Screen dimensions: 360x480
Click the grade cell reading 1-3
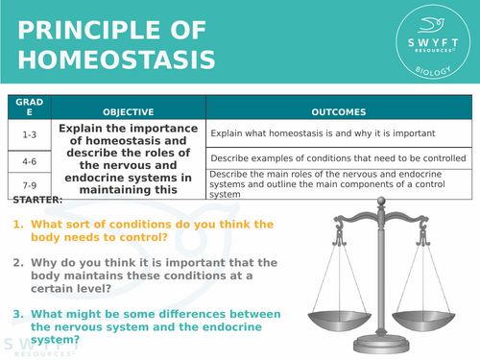click(x=29, y=134)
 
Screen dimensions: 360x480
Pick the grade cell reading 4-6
click(x=29, y=159)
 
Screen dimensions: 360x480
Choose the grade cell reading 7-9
click(x=29, y=182)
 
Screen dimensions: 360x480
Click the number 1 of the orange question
click(x=16, y=225)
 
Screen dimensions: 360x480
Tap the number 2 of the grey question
click(x=16, y=262)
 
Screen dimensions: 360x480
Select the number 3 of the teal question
click(x=16, y=314)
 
